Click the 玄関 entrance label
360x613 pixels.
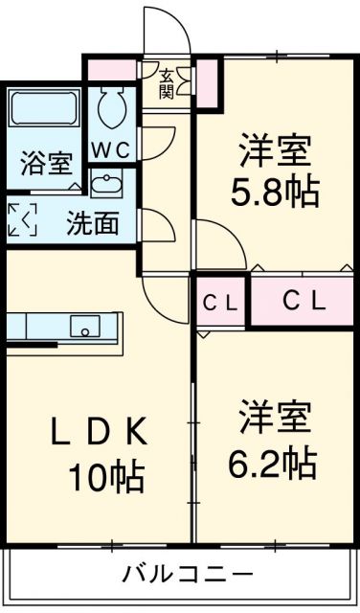[x=167, y=83]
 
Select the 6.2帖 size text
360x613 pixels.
[x=273, y=465]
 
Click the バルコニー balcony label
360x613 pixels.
[x=188, y=575]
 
